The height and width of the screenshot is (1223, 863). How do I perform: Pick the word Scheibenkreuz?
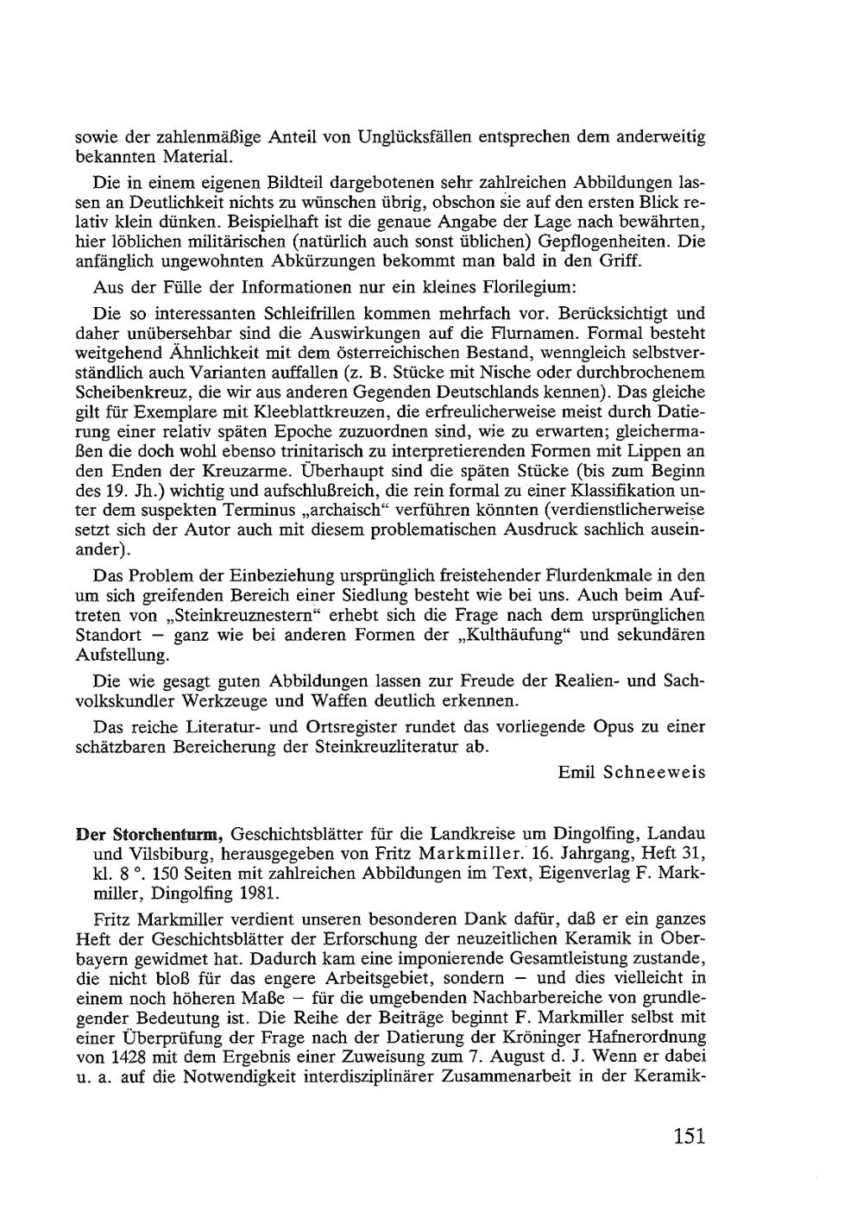129,393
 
